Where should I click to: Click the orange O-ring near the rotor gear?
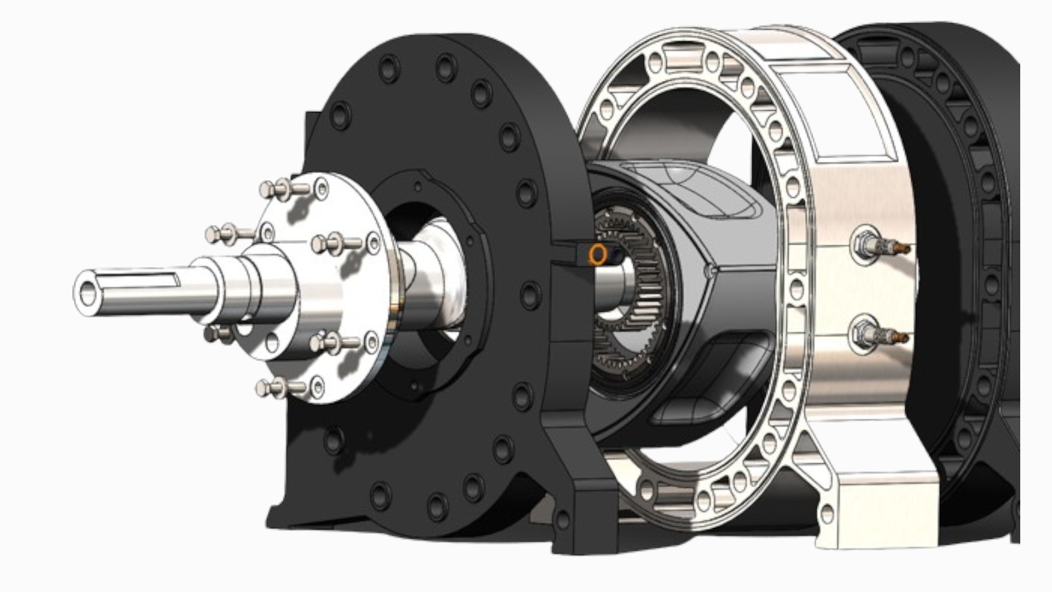point(598,253)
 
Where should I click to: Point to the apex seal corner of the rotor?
point(710,270)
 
